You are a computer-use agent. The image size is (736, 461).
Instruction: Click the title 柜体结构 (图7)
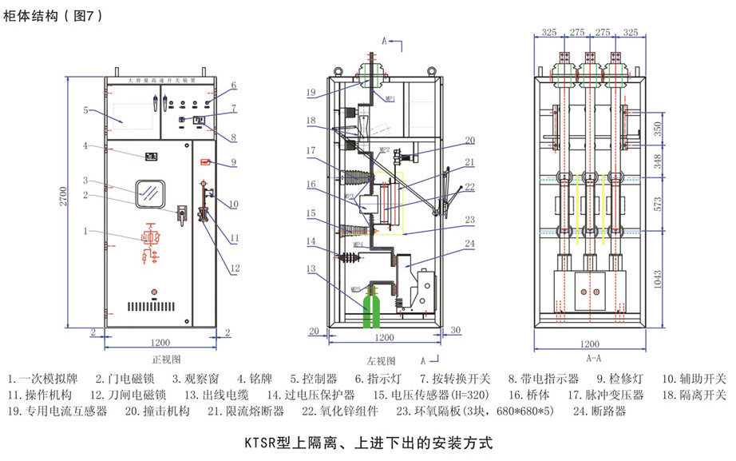click(53, 16)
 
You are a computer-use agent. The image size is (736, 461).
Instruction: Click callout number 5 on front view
click(85, 109)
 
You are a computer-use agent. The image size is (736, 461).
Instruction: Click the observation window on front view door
click(148, 192)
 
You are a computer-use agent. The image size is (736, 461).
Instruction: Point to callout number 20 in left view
click(469, 140)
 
